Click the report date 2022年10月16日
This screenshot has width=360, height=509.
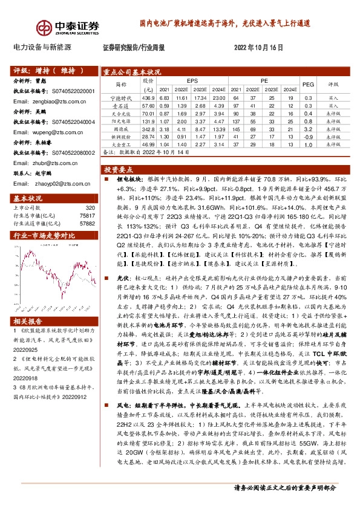tap(258, 47)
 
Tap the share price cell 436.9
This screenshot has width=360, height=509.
tap(149, 98)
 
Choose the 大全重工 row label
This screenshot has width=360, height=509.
tap(121, 145)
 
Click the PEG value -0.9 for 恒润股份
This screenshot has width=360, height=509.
tap(308, 137)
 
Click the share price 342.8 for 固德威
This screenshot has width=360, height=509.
tap(149, 129)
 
